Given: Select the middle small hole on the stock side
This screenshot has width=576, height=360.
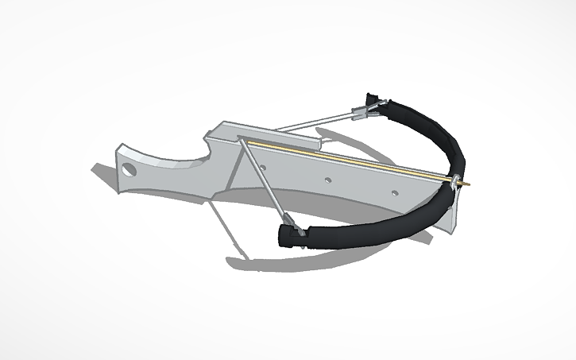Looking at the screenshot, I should pos(327,180).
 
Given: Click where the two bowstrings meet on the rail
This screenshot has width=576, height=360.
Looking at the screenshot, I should pos(242,141).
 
